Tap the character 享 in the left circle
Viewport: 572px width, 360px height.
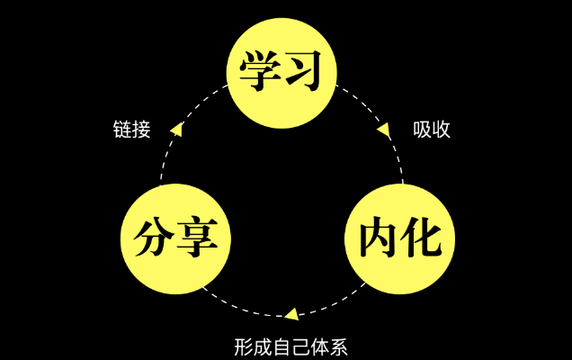point(198,238)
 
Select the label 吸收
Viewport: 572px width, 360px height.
point(432,130)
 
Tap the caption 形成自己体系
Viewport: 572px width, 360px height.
point(290,346)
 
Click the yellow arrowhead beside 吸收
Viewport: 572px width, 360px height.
point(384,131)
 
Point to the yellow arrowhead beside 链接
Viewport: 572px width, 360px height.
point(177,130)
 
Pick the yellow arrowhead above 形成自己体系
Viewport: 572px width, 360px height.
point(290,314)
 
